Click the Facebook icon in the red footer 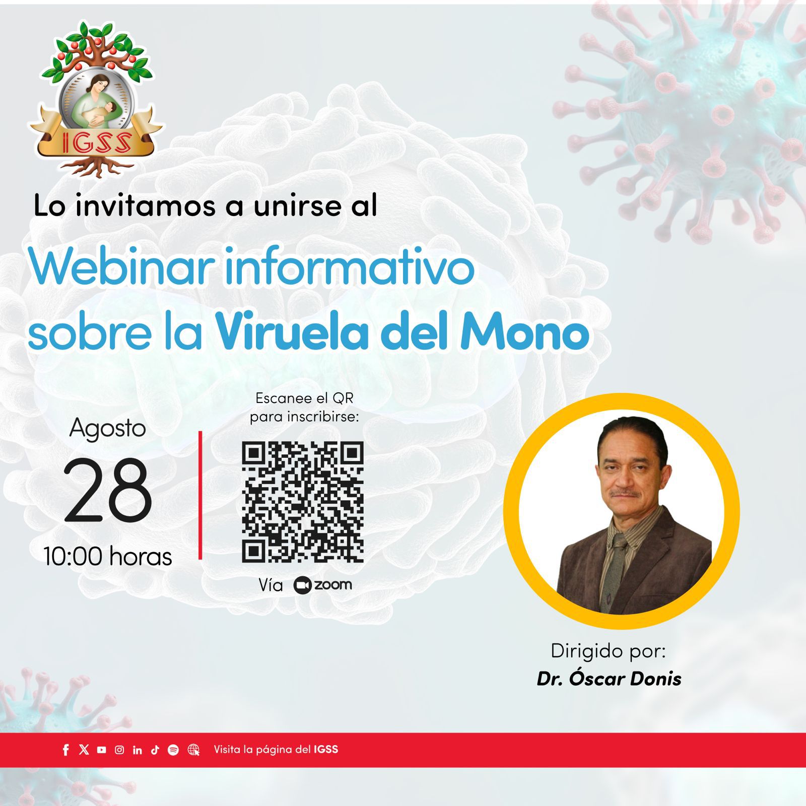(x=65, y=750)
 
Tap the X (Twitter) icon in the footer (x=84, y=750)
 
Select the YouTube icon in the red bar (x=102, y=750)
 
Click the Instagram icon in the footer (x=119, y=750)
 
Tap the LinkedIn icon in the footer (x=137, y=750)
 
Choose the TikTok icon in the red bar (x=155, y=750)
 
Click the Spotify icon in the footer (x=173, y=750)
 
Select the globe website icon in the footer (x=193, y=750)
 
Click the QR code (x=303, y=502)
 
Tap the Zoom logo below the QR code (x=322, y=585)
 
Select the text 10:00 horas (x=108, y=557)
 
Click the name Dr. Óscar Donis (x=609, y=679)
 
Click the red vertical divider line (x=200, y=495)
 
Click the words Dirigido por (x=609, y=651)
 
